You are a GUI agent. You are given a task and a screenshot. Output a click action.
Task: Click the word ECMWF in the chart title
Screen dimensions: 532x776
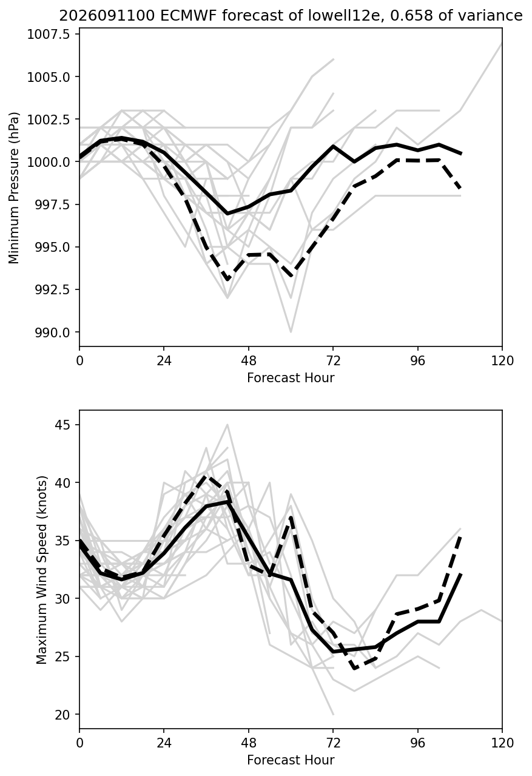(189, 16)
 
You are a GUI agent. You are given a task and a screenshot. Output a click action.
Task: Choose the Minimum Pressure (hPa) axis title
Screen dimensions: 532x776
(14, 187)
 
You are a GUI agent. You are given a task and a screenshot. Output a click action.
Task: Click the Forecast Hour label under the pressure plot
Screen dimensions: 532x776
(291, 377)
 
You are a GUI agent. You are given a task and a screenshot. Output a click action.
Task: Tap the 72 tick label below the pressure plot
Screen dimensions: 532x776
(333, 361)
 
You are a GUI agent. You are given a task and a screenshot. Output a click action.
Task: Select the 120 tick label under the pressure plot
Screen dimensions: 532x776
(502, 361)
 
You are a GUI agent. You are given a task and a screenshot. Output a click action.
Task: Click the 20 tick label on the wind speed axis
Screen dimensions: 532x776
(62, 715)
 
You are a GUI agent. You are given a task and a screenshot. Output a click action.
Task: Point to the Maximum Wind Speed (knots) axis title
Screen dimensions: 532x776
(42, 570)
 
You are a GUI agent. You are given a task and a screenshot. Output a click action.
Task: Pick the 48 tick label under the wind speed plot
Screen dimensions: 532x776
(248, 743)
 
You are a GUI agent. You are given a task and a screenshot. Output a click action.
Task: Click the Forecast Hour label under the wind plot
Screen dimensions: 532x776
(291, 760)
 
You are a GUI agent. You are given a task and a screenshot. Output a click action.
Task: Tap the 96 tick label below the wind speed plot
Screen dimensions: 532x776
(418, 743)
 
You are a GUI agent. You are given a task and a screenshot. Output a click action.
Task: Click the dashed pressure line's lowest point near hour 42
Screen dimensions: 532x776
(227, 279)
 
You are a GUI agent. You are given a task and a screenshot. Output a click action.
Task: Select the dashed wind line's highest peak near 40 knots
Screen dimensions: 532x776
(206, 476)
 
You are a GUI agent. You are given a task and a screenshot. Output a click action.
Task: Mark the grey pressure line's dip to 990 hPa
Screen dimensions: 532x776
(291, 332)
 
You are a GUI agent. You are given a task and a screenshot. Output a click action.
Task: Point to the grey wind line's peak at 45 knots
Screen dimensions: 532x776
(227, 425)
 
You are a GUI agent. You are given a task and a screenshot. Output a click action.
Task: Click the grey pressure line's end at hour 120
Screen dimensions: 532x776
(502, 43)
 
